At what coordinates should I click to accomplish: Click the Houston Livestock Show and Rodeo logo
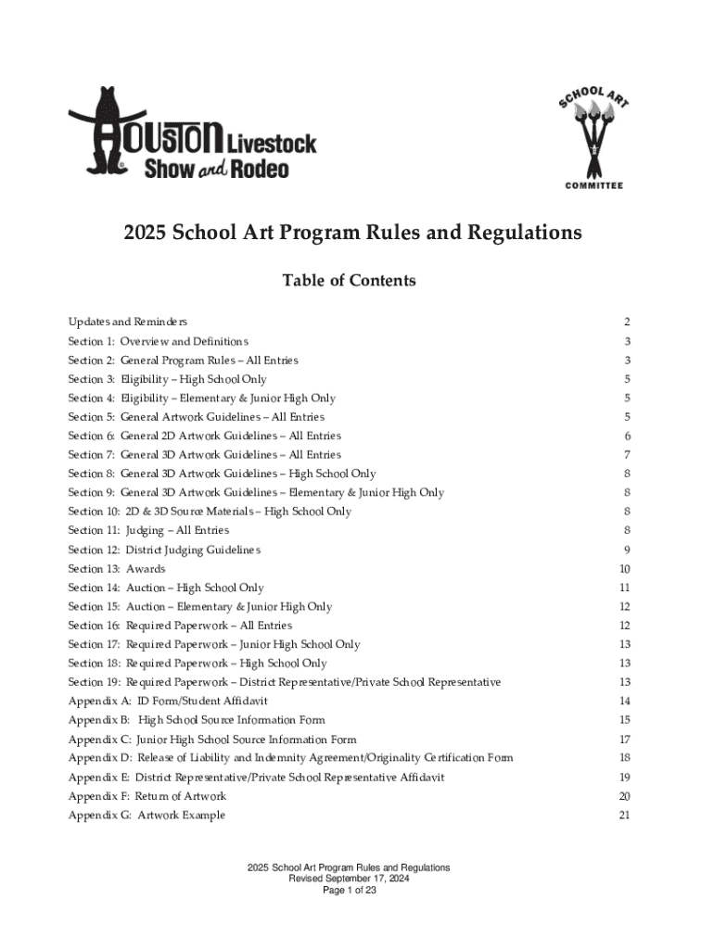click(192, 133)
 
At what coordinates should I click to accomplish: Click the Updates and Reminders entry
click(128, 322)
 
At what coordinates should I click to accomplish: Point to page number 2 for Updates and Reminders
click(628, 323)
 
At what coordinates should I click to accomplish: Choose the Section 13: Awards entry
click(117, 569)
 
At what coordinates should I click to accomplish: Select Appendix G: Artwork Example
click(147, 816)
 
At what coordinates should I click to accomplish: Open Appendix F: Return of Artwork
click(147, 796)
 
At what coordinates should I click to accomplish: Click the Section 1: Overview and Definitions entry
click(158, 341)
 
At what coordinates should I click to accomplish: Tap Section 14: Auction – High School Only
click(166, 588)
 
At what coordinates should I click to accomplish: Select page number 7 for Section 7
click(628, 455)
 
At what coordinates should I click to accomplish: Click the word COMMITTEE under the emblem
click(594, 185)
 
